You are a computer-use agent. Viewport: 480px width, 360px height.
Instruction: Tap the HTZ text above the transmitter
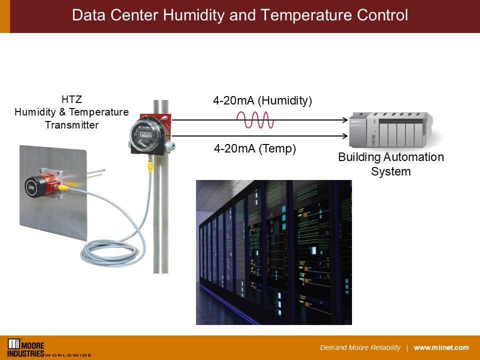[71, 99]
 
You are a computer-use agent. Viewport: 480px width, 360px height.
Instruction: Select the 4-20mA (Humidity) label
[262, 100]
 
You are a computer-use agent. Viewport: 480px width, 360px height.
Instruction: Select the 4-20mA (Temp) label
[255, 148]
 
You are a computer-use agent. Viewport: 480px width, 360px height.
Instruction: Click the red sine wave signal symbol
[255, 120]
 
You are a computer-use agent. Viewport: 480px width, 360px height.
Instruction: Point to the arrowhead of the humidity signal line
[345, 120]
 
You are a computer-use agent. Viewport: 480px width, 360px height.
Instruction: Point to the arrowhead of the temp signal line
[345, 135]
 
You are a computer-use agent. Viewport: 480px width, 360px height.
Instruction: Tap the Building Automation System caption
[391, 164]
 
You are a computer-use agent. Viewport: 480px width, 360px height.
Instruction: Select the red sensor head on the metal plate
[42, 184]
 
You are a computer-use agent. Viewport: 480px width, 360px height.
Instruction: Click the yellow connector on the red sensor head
[64, 188]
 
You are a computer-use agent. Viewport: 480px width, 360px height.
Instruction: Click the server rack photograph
[273, 252]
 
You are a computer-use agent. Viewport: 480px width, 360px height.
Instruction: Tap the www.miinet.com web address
[441, 348]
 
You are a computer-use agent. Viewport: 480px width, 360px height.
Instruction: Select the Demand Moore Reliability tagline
[360, 348]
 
